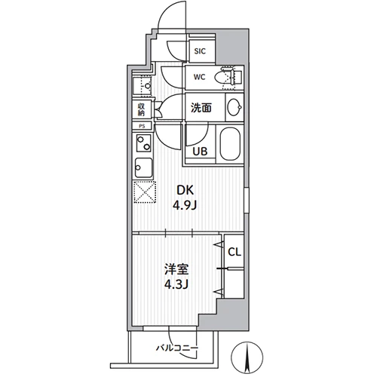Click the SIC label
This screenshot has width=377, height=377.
tap(200, 51)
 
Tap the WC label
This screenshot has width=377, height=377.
tap(200, 77)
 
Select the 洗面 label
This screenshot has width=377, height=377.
tap(201, 108)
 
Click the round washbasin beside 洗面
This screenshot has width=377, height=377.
tap(234, 107)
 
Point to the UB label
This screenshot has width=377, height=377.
tap(200, 151)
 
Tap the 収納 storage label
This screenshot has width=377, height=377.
tap(142, 109)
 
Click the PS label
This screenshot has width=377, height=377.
tap(142, 126)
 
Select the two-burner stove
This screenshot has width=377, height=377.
tap(144, 143)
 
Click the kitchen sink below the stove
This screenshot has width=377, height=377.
tap(143, 168)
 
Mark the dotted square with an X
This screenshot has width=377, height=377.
tap(145, 192)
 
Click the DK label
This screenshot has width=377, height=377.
tap(185, 190)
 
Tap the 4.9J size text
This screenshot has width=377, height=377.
tap(184, 206)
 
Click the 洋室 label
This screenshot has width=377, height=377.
tap(176, 269)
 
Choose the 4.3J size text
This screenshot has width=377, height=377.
tap(176, 284)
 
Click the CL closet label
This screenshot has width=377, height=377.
tap(234, 252)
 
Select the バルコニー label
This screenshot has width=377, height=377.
tap(177, 348)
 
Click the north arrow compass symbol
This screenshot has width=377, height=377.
tap(247, 357)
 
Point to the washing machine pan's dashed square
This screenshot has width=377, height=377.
tap(143, 86)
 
